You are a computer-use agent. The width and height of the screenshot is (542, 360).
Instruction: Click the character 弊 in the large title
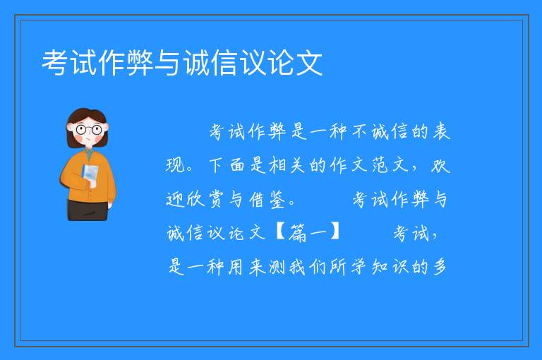(x=140, y=63)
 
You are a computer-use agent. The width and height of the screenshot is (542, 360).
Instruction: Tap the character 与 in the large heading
(x=168, y=63)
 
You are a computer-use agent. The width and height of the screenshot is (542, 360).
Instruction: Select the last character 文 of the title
(x=308, y=63)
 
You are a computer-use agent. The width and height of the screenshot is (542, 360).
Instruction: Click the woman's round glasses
(x=89, y=130)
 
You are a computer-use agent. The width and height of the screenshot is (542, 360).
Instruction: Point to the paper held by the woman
(x=90, y=174)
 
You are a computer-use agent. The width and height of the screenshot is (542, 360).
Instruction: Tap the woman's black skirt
(x=88, y=210)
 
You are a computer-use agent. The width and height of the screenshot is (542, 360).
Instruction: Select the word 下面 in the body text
(x=227, y=165)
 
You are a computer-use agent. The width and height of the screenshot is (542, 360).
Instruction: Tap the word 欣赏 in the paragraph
(x=205, y=199)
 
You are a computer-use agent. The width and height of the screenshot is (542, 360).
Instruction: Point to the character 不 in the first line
(x=360, y=132)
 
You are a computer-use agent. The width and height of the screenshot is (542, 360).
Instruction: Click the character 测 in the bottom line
(x=277, y=268)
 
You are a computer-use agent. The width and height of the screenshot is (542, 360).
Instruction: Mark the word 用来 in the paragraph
(x=247, y=268)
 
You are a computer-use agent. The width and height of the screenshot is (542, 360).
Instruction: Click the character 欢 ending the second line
(x=440, y=165)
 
